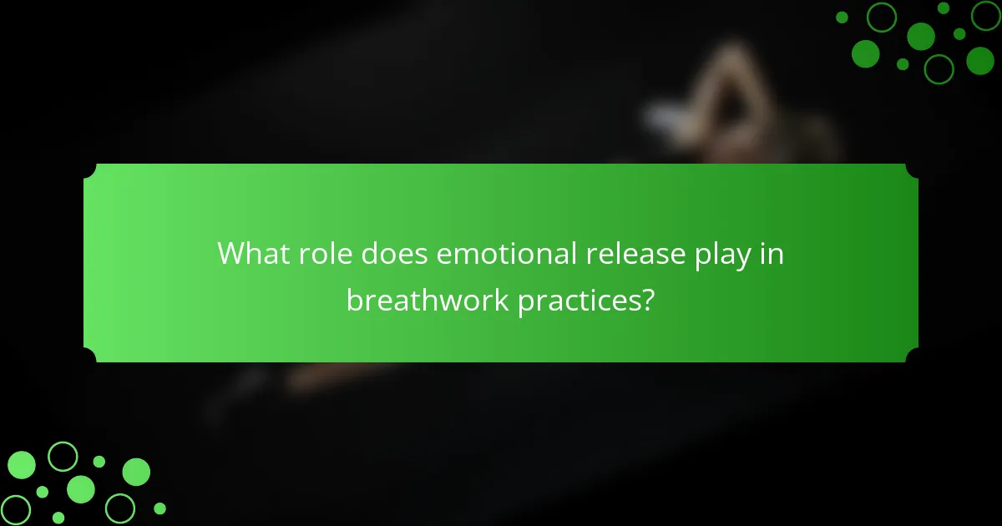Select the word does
(x=394, y=254)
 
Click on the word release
(x=635, y=254)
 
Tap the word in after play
(x=772, y=254)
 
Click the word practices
(x=576, y=303)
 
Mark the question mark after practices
(x=648, y=300)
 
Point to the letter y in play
(x=741, y=260)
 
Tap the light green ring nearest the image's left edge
(x=16, y=509)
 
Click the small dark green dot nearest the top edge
(x=944, y=8)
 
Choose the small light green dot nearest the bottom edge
(x=58, y=518)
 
